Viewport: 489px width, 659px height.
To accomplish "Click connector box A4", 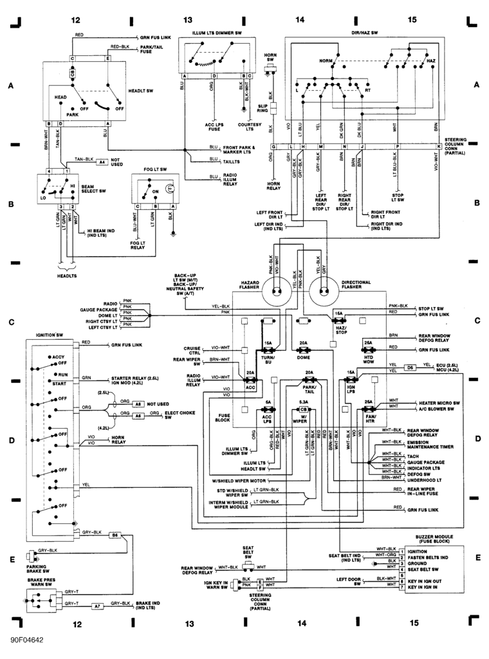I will coord(102,162).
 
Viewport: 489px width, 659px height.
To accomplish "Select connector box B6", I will coord(115,535).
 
